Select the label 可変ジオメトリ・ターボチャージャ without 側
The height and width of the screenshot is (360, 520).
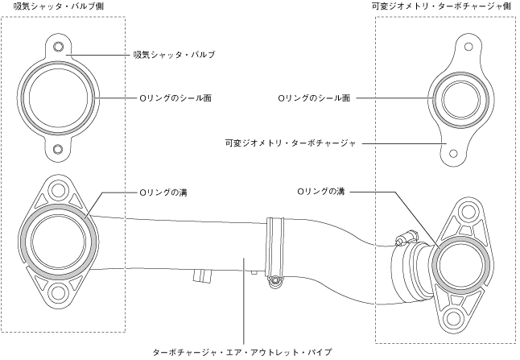[291, 143]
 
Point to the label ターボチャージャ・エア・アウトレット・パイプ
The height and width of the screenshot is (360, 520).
[242, 352]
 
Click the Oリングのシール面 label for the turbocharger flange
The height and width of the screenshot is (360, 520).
[314, 98]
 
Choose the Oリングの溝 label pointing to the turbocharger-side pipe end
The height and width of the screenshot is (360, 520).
[321, 192]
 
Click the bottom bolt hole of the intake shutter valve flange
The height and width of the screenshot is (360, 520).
[58, 149]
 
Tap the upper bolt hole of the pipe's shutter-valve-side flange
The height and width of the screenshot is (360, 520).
[58, 191]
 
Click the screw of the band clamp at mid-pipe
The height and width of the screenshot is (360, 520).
[275, 280]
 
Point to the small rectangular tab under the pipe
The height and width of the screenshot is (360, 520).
[200, 276]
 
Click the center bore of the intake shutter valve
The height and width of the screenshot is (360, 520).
[58, 98]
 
